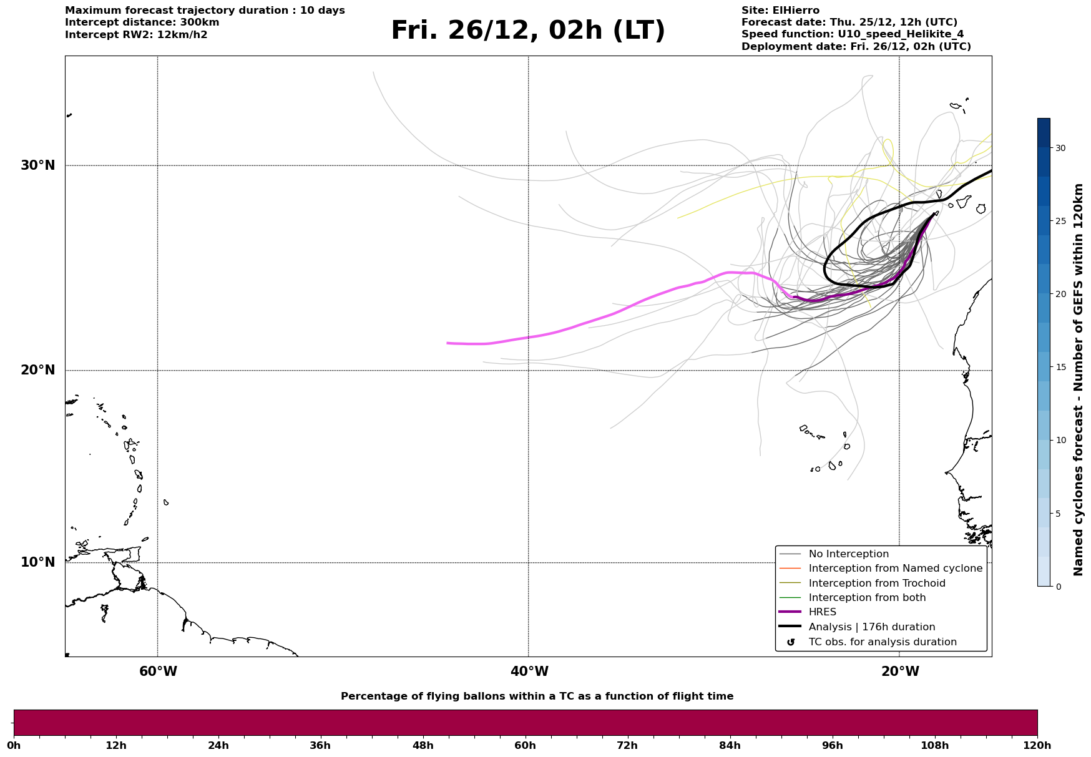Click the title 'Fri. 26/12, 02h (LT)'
(x=527, y=31)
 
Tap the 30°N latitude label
(x=38, y=165)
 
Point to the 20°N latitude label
(x=38, y=370)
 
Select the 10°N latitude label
(x=38, y=562)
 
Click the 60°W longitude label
(x=158, y=672)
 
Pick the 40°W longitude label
(x=529, y=672)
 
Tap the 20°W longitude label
(x=900, y=672)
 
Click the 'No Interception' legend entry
(x=848, y=554)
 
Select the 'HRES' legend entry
(x=822, y=612)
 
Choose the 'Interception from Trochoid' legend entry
(x=876, y=584)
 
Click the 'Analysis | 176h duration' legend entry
(x=871, y=627)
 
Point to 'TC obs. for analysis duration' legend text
(x=882, y=642)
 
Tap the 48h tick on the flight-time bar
(x=423, y=745)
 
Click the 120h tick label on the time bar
(x=1037, y=745)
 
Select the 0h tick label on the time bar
(x=14, y=745)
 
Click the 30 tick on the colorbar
(x=1060, y=148)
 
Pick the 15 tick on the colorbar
(x=1060, y=367)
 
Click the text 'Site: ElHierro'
(x=780, y=11)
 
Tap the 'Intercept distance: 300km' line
(x=142, y=22)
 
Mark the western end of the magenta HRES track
(x=448, y=343)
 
